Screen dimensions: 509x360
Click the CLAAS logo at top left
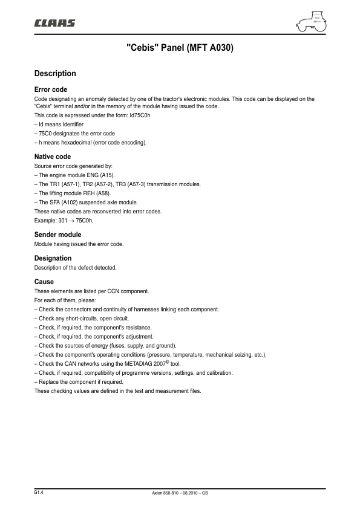(54, 23)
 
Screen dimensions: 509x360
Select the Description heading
(55, 74)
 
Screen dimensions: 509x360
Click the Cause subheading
(44, 282)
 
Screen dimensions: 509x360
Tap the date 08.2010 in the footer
(191, 493)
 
